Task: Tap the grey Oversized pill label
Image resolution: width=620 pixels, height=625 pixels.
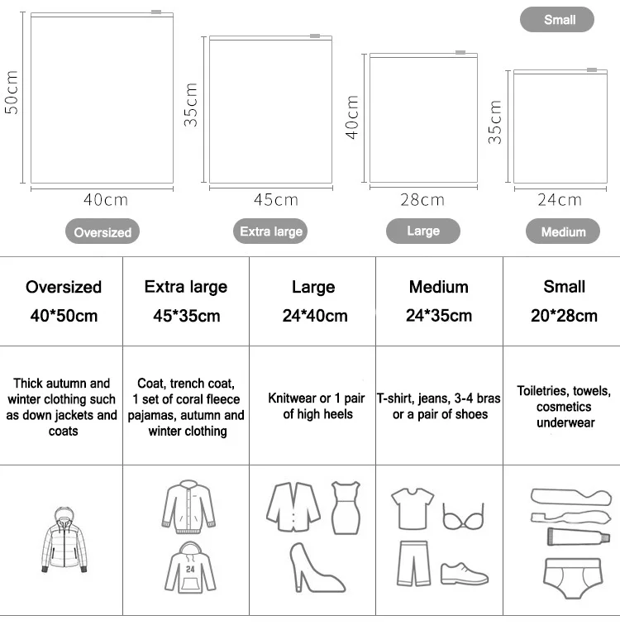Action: point(103,232)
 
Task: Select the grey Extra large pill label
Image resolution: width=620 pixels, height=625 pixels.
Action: point(270,231)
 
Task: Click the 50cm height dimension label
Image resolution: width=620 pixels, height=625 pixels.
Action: point(12,93)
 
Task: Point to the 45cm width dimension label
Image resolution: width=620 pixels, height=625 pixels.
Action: point(275,200)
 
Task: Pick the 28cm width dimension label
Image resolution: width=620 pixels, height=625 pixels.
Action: point(422,200)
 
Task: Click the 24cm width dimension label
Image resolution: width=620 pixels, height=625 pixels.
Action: point(559,200)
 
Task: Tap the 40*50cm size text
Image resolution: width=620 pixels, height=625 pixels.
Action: point(64,316)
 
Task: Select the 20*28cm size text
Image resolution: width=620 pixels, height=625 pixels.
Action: point(564,316)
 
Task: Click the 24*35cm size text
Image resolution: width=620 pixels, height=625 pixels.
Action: point(439,316)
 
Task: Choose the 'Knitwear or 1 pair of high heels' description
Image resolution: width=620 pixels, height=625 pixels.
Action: point(312,406)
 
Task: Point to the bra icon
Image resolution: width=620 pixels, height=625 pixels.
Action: point(462,517)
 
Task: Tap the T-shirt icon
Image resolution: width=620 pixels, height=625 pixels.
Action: point(412,506)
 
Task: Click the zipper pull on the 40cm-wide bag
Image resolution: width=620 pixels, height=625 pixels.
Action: point(156,12)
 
